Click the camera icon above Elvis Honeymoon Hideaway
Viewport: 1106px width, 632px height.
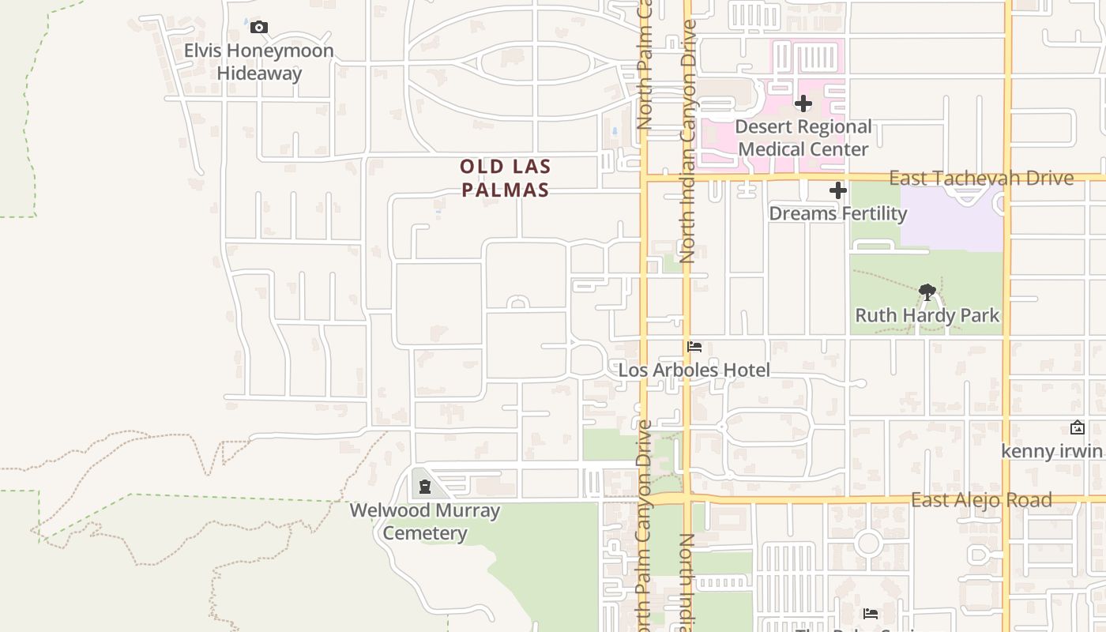(x=258, y=28)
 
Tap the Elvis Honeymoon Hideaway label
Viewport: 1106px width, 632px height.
(x=259, y=62)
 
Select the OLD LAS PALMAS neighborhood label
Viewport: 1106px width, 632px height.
(x=505, y=179)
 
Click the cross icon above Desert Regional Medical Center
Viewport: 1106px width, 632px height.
(x=803, y=103)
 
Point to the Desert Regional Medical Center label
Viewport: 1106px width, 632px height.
(x=803, y=137)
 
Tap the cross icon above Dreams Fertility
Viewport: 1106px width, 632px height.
(x=838, y=190)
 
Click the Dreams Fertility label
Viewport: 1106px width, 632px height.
(x=837, y=213)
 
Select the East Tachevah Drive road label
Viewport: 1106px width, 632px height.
(x=980, y=178)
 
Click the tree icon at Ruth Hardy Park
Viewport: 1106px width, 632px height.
(x=927, y=292)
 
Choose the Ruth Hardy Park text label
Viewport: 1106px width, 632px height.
(x=927, y=315)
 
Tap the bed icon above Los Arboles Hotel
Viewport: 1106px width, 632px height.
(x=694, y=347)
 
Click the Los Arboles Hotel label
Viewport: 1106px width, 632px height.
(x=694, y=370)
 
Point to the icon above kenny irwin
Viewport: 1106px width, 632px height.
(x=1077, y=427)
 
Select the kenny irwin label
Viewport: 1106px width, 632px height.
(x=1051, y=451)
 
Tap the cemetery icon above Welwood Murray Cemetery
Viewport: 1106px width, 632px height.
(x=425, y=486)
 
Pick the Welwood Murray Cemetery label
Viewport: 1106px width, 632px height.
(x=425, y=521)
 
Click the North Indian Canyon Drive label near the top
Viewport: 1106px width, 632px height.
(x=688, y=142)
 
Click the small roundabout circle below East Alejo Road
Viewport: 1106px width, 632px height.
(x=868, y=544)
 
